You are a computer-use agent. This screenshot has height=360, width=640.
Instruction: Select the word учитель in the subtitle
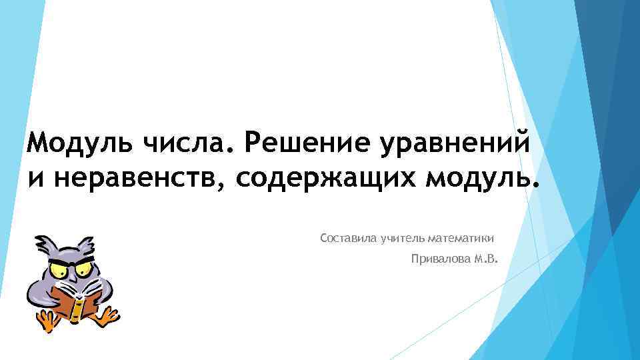(x=403, y=238)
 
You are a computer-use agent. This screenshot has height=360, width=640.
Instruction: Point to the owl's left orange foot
(x=47, y=323)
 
